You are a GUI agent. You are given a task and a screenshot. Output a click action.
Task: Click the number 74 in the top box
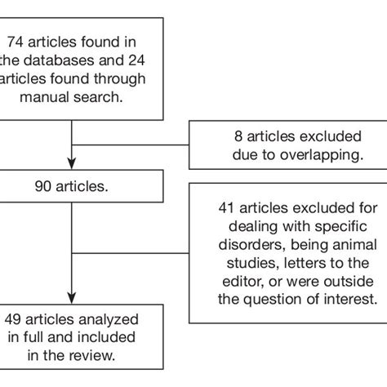pyautogui.click(x=16, y=42)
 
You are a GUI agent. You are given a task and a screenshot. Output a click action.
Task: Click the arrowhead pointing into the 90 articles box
pyautogui.click(x=73, y=162)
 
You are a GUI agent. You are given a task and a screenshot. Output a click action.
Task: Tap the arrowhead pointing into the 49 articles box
pyautogui.click(x=73, y=296)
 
